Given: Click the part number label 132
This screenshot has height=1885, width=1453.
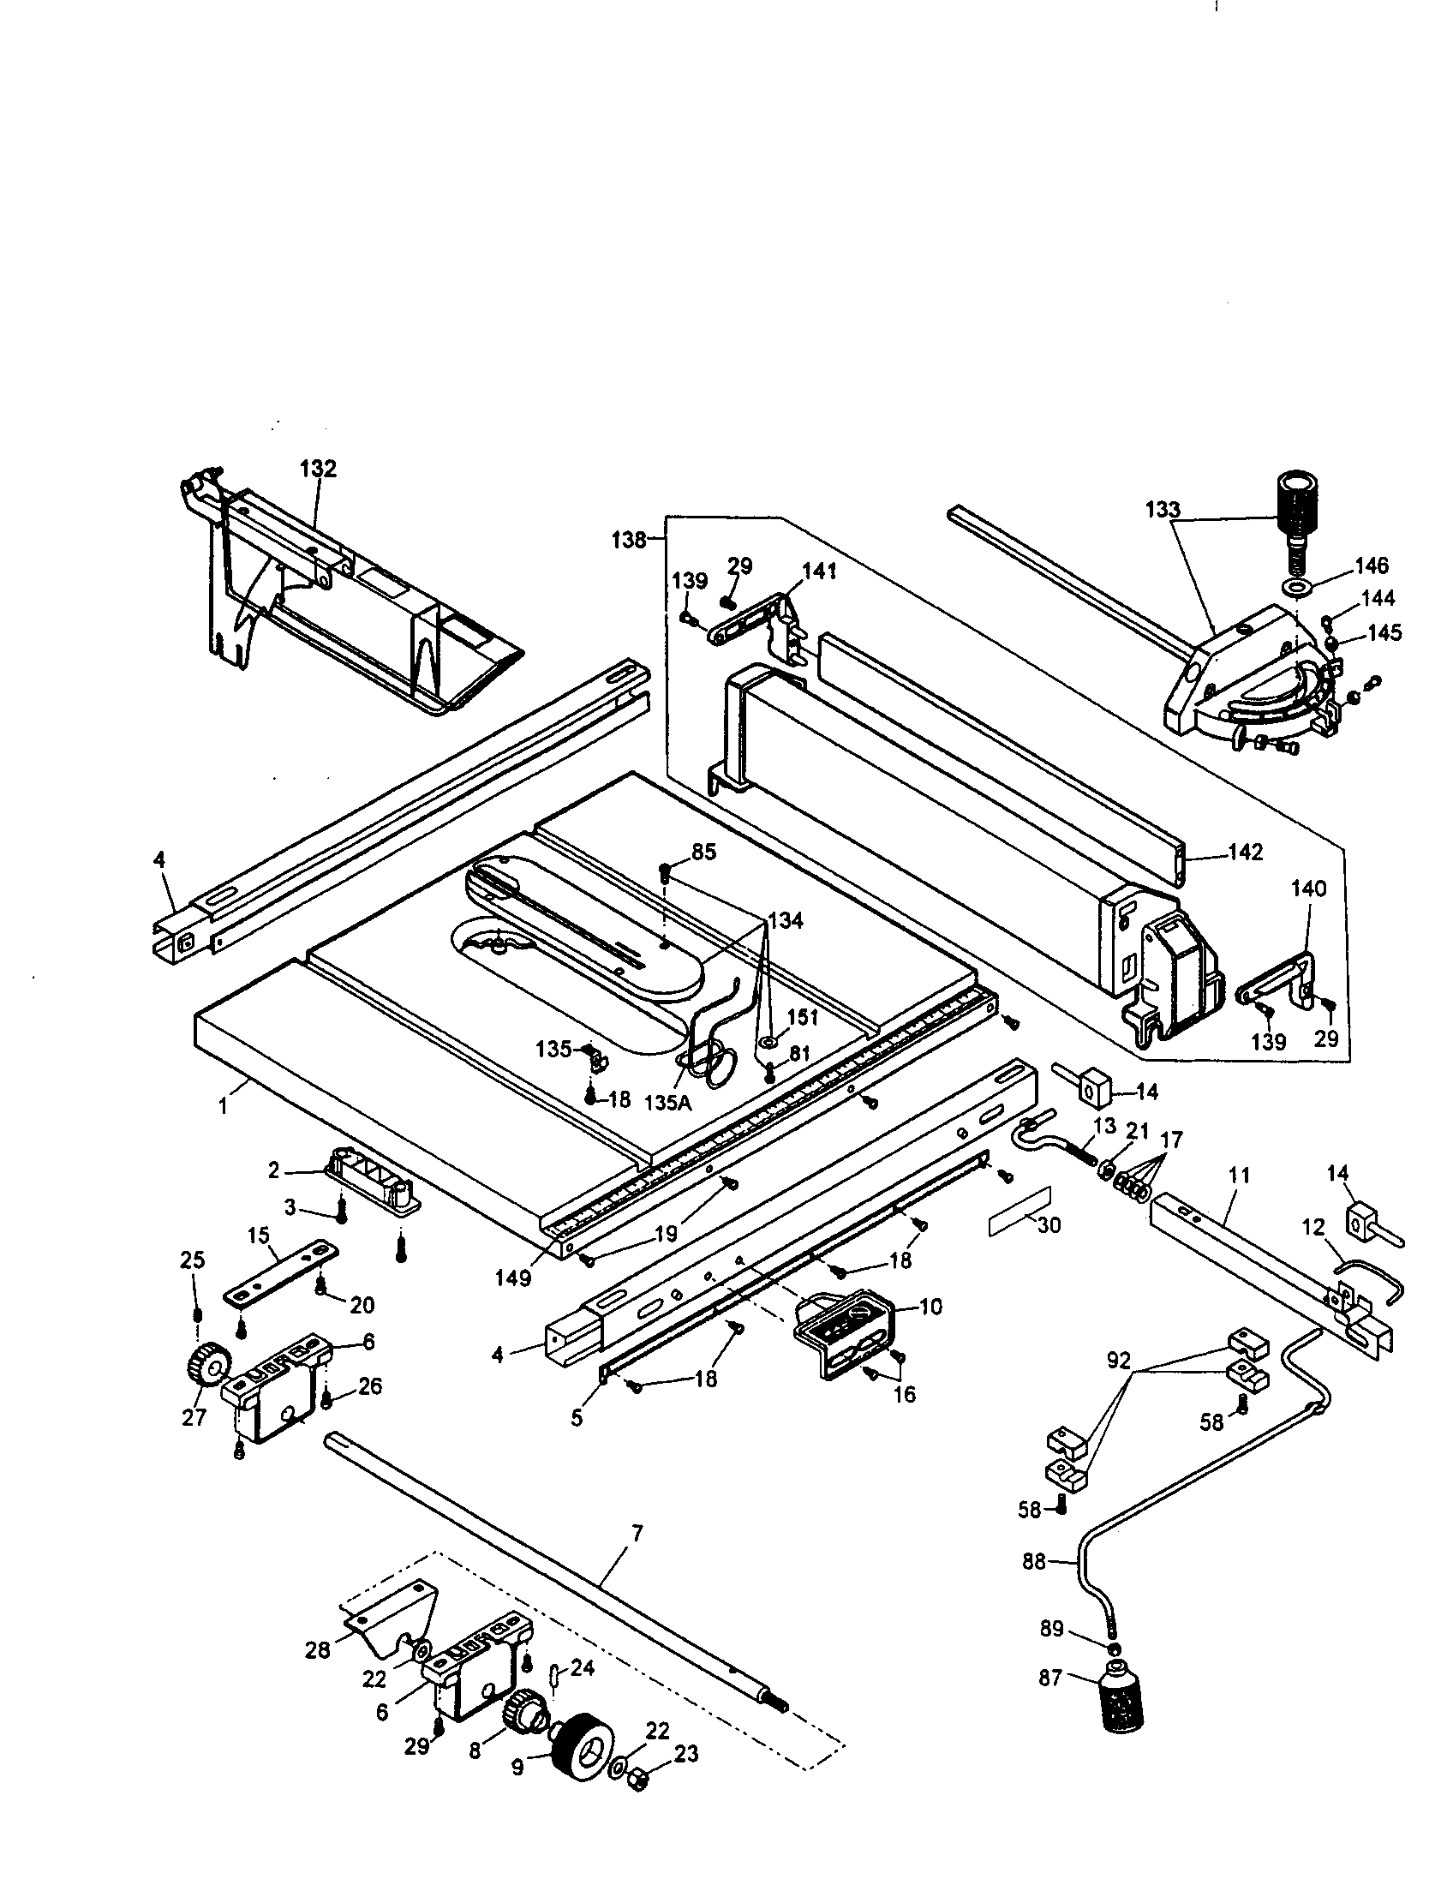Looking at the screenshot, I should pos(318,469).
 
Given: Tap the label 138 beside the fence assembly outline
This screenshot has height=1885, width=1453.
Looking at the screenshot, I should pos(629,541).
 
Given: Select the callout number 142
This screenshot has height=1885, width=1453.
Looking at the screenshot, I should pos(1244,852).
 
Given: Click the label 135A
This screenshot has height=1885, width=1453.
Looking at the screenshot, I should pos(668,1102).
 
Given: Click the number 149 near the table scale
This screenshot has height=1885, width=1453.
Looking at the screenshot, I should pos(512,1279).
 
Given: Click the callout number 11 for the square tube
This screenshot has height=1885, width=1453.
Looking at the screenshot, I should pos(1239,1175).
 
